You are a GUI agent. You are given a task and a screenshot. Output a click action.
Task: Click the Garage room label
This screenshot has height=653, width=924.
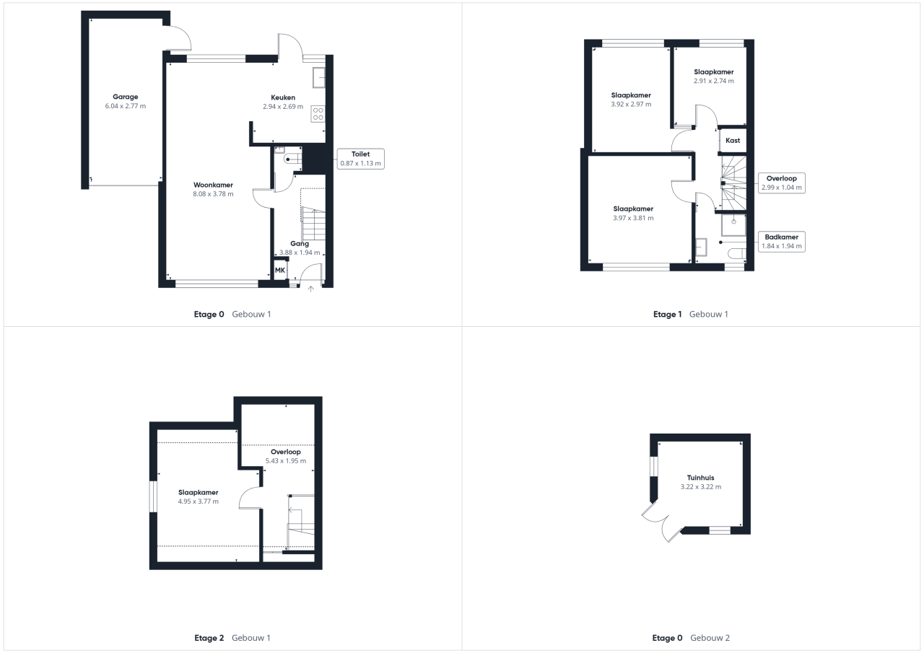pyautogui.click(x=126, y=97)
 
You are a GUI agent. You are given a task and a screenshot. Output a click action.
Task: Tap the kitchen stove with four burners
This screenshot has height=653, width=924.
pyautogui.click(x=318, y=114)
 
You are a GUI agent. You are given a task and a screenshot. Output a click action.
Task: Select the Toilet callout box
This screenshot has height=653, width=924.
pyautogui.click(x=360, y=159)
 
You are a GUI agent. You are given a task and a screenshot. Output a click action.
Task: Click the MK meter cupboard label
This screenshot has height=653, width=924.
pyautogui.click(x=279, y=271)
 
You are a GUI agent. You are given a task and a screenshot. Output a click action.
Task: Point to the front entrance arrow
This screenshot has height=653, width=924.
pyautogui.click(x=310, y=289)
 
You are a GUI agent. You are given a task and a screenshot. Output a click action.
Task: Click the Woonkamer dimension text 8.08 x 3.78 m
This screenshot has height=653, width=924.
pyautogui.click(x=213, y=194)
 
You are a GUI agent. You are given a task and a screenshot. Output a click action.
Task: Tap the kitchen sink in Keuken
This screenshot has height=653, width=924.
pyautogui.click(x=319, y=77)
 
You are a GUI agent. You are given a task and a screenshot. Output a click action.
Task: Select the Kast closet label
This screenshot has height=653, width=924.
pyautogui.click(x=733, y=141)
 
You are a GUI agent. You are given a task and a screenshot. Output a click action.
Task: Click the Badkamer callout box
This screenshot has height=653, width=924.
pyautogui.click(x=782, y=242)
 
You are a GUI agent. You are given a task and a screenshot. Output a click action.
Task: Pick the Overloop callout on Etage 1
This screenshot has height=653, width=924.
pyautogui.click(x=782, y=183)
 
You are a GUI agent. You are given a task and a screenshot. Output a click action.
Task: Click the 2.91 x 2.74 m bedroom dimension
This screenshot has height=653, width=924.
pyautogui.click(x=714, y=82)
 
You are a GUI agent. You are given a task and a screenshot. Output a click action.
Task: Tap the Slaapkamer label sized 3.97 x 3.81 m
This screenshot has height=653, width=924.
pyautogui.click(x=633, y=209)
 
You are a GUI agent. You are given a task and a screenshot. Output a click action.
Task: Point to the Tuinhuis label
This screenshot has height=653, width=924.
pyautogui.click(x=700, y=478)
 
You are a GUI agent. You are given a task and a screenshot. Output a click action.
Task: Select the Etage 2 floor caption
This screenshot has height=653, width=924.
pyautogui.click(x=209, y=638)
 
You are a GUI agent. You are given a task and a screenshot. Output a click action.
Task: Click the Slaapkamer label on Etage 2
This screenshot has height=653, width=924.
pyautogui.click(x=199, y=493)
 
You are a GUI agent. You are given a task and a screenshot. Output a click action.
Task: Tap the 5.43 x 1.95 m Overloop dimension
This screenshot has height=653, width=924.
pyautogui.click(x=286, y=461)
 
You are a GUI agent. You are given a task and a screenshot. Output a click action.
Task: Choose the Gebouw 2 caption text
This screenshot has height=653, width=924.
pyautogui.click(x=710, y=638)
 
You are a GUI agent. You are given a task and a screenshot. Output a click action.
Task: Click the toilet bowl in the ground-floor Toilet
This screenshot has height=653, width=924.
pyautogui.click(x=293, y=159)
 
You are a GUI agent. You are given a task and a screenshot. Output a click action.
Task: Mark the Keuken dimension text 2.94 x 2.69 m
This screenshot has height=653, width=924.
pyautogui.click(x=283, y=107)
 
